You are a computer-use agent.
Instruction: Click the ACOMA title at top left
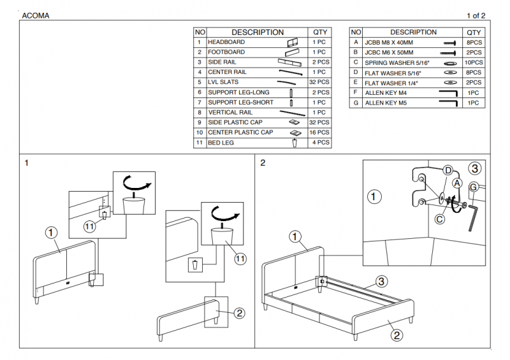point(36,15)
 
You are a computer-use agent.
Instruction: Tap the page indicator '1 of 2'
point(476,15)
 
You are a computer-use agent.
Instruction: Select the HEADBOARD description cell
point(226,42)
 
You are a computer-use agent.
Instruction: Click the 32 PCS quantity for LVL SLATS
point(319,82)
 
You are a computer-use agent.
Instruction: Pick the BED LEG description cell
point(221,143)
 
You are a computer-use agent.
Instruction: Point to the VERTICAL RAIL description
point(231,113)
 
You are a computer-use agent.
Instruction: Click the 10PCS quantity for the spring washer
point(474,63)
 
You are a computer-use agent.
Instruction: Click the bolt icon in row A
point(448,43)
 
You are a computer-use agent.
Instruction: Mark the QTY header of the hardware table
point(474,32)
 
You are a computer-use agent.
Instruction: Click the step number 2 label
point(263,162)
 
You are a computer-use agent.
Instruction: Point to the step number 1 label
point(27,162)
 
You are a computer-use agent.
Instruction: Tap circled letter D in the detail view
point(448,170)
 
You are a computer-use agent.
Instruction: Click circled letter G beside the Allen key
point(474,187)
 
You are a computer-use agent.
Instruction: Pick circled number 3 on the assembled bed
point(381,281)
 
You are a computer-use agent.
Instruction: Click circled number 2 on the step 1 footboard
point(239,313)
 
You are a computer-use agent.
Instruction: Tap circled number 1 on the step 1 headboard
point(52,233)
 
